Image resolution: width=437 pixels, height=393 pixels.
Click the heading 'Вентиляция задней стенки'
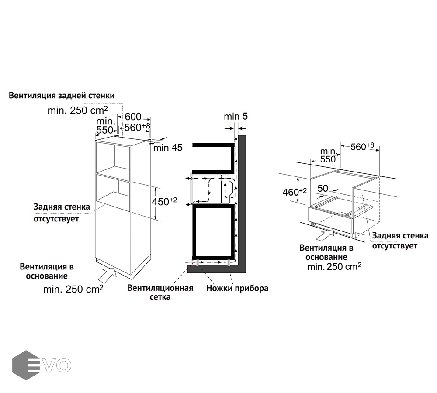point(62,95)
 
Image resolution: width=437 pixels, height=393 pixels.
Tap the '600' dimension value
point(133,117)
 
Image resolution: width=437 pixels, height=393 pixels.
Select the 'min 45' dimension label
point(167,148)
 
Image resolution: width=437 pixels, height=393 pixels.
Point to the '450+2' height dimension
point(164,202)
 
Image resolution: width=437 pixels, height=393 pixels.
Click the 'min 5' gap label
point(236,117)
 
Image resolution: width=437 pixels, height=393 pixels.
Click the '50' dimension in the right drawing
point(323,189)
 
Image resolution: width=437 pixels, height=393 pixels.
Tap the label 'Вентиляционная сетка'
point(160,293)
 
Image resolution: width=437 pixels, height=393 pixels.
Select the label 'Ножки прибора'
point(237,288)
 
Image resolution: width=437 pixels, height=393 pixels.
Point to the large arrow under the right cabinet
point(323,234)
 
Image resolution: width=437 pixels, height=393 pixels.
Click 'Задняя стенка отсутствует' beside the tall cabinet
point(62,212)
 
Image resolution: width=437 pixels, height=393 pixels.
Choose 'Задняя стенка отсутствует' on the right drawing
point(400,241)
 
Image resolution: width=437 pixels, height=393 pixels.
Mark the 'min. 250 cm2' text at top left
point(77,110)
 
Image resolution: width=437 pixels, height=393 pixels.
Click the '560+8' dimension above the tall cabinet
point(137,127)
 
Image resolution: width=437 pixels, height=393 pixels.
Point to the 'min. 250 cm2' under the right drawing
point(334,266)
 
